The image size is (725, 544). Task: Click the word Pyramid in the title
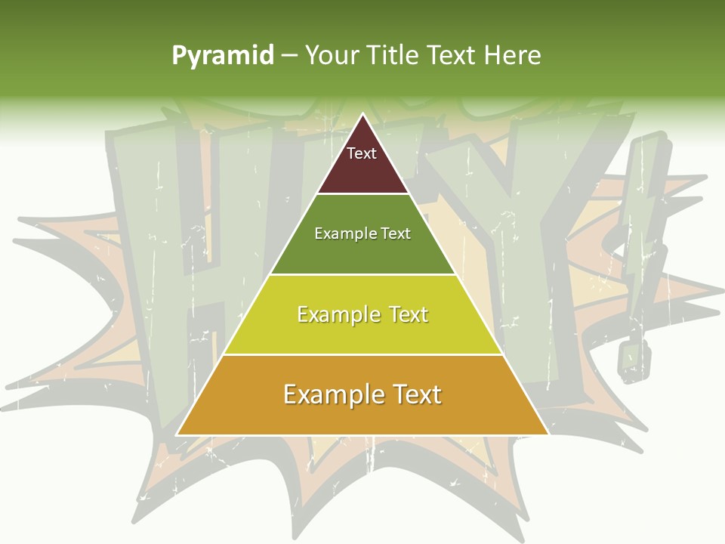click(x=222, y=56)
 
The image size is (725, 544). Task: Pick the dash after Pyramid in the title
click(x=288, y=56)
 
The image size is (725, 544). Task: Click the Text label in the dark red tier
click(x=362, y=153)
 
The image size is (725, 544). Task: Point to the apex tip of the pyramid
click(x=362, y=114)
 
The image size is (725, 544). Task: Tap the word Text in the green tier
click(x=396, y=233)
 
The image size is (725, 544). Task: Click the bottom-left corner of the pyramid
click(x=177, y=434)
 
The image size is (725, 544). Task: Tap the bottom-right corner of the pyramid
click(x=548, y=434)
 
